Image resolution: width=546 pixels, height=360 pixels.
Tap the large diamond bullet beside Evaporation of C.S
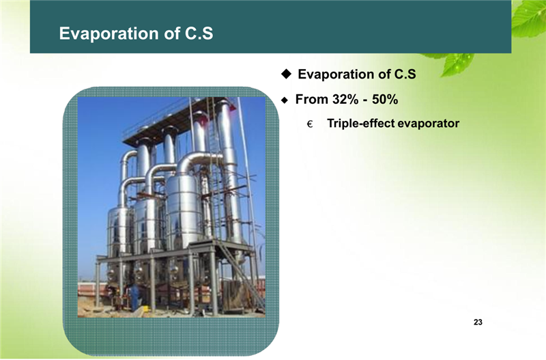click(286, 74)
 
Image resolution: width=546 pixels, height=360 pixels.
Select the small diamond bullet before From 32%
click(285, 100)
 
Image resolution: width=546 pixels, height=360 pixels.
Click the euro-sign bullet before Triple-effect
click(310, 124)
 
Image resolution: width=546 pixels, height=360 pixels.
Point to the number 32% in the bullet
click(345, 99)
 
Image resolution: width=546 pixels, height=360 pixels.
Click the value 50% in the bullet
click(385, 99)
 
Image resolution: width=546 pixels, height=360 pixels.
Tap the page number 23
click(478, 322)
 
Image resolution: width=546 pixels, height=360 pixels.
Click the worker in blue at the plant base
click(134, 297)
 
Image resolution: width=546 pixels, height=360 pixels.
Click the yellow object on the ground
click(146, 308)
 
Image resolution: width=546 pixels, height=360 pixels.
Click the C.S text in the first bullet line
click(405, 74)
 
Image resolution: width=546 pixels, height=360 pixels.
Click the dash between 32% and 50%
click(365, 100)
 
